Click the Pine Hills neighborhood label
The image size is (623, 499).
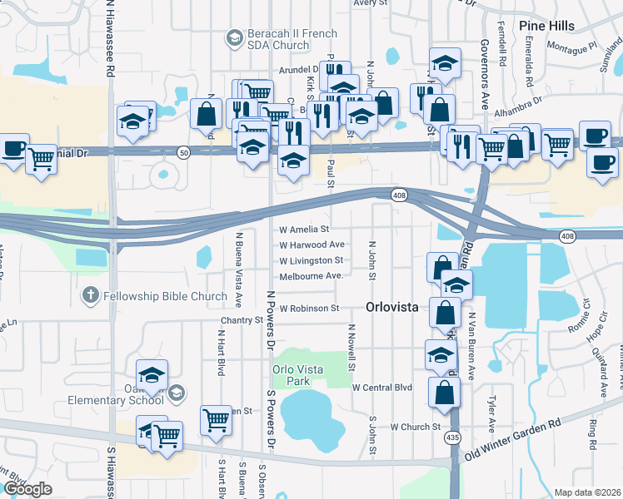[x=546, y=26]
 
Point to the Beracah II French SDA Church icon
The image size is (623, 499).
[x=235, y=37]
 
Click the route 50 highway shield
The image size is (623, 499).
[x=183, y=151]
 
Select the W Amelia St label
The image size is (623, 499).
[x=305, y=229]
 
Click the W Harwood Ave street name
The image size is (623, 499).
[x=311, y=245]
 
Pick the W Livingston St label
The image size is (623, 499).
[x=311, y=261]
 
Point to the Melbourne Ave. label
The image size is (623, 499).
[x=311, y=276]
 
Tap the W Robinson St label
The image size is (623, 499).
[x=309, y=308]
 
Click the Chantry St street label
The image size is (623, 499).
[x=242, y=320]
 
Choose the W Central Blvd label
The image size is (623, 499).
[x=382, y=388]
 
